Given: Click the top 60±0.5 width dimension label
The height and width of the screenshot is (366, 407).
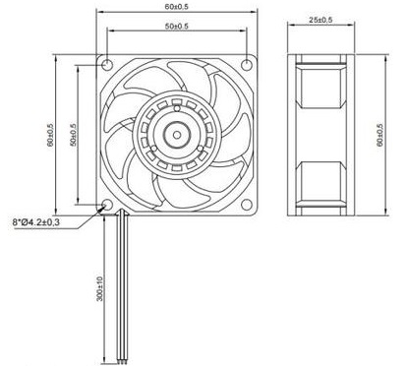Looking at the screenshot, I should pyautogui.click(x=177, y=8).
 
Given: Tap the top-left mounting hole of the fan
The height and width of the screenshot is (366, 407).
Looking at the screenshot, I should pyautogui.click(x=109, y=63).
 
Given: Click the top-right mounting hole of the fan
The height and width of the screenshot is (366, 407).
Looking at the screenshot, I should pyautogui.click(x=245, y=63).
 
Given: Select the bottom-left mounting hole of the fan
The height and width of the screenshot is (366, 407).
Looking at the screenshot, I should pyautogui.click(x=109, y=204).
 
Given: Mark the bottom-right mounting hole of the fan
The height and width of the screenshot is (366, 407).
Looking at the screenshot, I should pyautogui.click(x=245, y=204).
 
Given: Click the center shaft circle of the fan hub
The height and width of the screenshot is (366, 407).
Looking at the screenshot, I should pyautogui.click(x=178, y=133).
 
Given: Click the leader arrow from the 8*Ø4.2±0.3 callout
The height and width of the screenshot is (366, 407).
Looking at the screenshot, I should pyautogui.click(x=93, y=213).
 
